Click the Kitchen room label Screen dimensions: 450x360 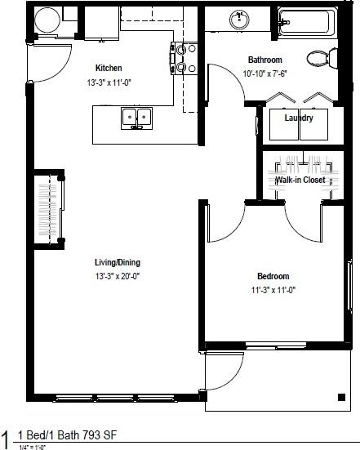pyautogui.click(x=109, y=68)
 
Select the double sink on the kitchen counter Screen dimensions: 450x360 pyautogui.click(x=136, y=118)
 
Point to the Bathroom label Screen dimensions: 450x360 pyautogui.click(x=265, y=60)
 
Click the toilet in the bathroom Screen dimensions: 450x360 pyautogui.click(x=319, y=58)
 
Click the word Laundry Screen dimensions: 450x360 pyautogui.click(x=299, y=118)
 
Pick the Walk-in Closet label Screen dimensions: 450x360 pyautogui.click(x=300, y=180)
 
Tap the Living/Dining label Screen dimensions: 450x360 pyautogui.click(x=117, y=262)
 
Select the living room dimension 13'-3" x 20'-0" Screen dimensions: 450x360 pyautogui.click(x=117, y=276)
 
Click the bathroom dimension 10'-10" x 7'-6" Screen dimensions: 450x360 pyautogui.click(x=265, y=74)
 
